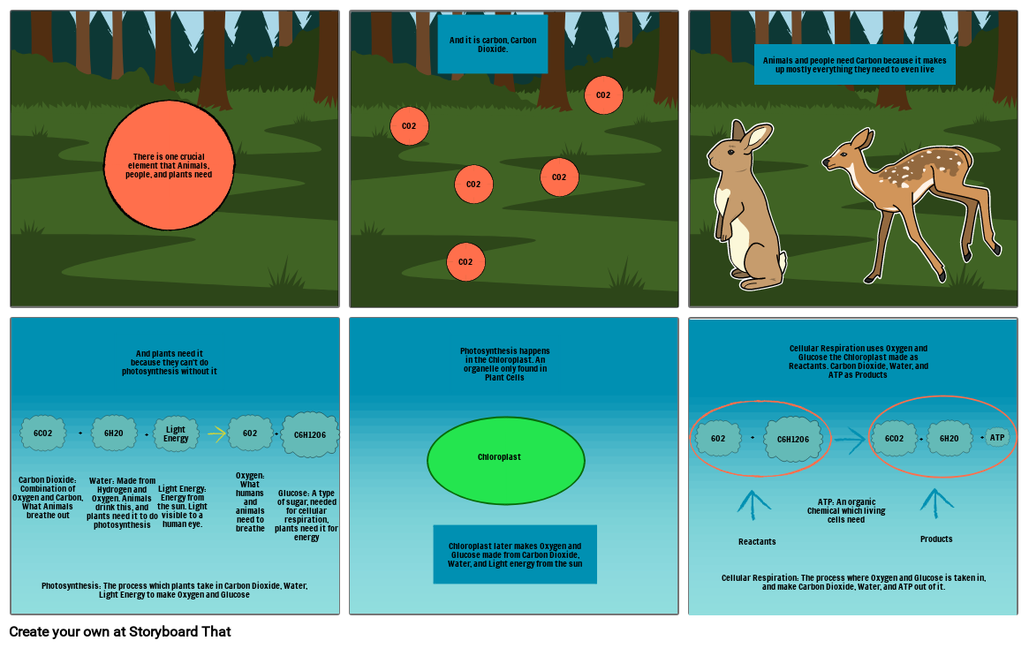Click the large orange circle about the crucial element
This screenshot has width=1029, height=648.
pos(169,165)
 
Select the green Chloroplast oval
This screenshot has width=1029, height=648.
pos(505,460)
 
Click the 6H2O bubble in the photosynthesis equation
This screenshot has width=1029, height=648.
pos(114,433)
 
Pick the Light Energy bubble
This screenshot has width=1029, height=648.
pos(176,433)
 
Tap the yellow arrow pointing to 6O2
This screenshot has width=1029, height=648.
pos(216,433)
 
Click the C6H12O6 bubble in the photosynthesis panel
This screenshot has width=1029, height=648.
pos(310,434)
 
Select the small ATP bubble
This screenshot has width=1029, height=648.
pos(997,438)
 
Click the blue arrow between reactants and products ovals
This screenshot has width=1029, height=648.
pos(850,439)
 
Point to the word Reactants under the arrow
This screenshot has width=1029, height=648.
pos(757,541)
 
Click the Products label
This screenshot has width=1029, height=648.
pos(936,539)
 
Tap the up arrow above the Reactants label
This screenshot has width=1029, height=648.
pos(753,506)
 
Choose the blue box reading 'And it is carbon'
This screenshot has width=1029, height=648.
pos(492,44)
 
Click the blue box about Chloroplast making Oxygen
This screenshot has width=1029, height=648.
pos(515,554)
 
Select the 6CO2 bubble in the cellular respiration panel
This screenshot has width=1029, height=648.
pos(894,439)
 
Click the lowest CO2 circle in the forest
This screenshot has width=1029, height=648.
pos(465,262)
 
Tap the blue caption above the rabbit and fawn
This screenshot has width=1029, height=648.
pos(854,64)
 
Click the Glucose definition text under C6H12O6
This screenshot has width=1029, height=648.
pos(306,515)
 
